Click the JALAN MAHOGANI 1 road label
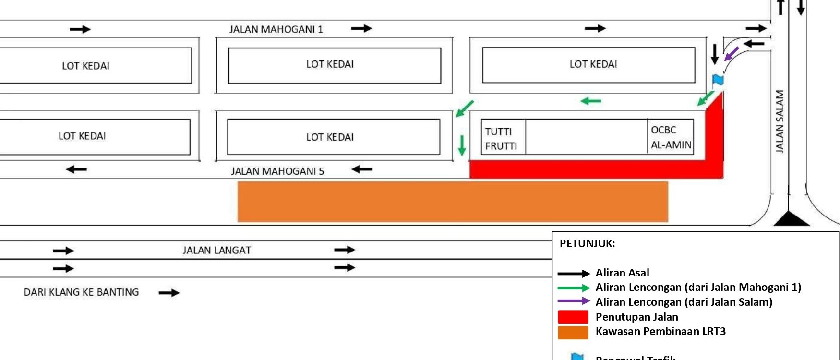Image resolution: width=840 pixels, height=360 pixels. (276, 29)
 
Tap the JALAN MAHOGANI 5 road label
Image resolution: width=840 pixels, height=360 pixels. (277, 171)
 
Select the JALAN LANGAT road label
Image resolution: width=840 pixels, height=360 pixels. (216, 250)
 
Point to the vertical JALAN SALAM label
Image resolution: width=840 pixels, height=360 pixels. (780, 121)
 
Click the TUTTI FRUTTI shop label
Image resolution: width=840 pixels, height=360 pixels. (501, 138)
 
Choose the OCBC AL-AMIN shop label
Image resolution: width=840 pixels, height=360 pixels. (671, 137)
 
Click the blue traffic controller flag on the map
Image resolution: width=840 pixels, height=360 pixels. (718, 80)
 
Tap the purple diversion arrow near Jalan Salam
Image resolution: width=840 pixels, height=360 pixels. (731, 54)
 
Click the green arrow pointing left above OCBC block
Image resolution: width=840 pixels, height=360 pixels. (591, 101)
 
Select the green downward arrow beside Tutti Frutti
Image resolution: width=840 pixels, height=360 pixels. (462, 145)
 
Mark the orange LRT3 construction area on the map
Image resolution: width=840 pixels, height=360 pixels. (453, 202)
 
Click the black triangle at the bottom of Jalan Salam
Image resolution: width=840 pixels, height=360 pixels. (792, 219)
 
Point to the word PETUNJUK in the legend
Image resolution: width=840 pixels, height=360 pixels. (587, 243)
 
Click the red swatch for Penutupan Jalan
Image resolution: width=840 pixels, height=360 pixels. (573, 317)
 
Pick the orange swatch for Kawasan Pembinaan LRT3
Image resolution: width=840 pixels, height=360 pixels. (573, 332)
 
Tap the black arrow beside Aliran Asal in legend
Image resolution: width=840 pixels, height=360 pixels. (574, 274)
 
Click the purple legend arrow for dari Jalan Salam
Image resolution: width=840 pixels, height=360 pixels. (574, 301)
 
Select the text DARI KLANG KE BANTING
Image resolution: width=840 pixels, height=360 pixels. (82, 292)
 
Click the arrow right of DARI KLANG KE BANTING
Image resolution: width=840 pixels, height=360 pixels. (169, 292)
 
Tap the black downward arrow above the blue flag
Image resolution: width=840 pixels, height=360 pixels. (715, 54)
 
